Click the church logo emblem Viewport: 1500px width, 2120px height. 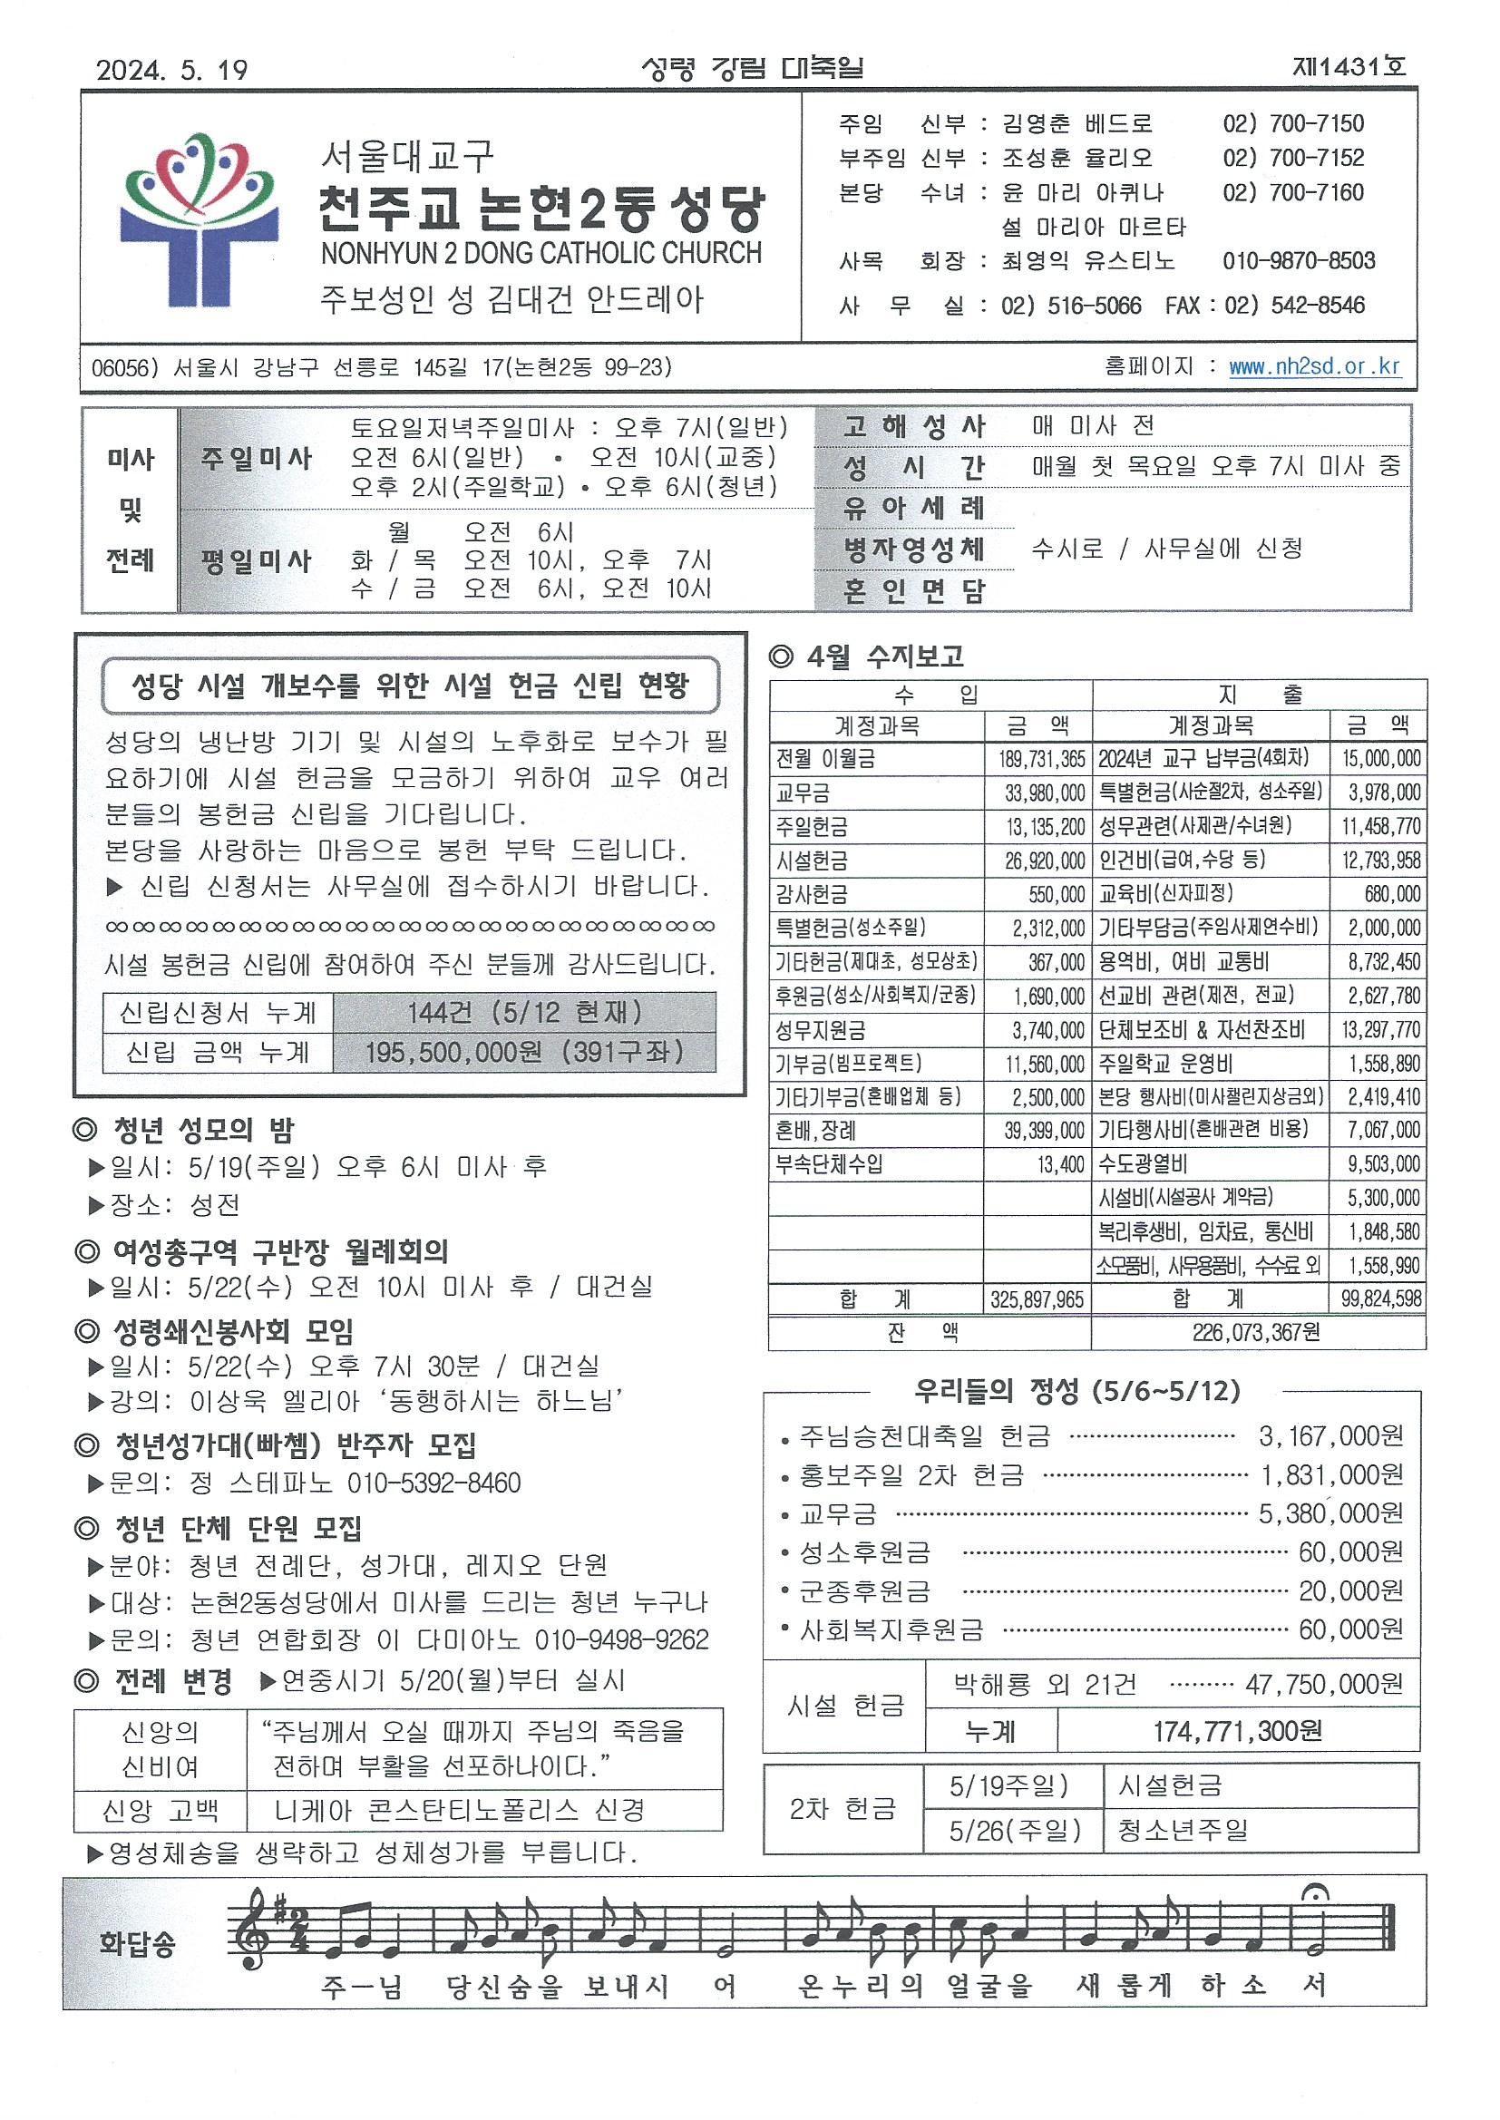[199, 219]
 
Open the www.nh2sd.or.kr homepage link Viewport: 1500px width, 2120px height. [1313, 366]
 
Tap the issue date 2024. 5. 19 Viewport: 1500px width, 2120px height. [171, 70]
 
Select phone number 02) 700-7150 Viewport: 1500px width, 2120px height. [1292, 123]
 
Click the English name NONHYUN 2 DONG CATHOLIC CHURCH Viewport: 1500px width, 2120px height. [541, 253]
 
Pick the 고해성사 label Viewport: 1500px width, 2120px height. [913, 426]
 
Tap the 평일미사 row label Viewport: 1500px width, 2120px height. [257, 561]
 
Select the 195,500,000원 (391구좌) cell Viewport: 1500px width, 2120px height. [523, 1053]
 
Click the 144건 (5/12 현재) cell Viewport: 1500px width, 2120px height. [523, 1013]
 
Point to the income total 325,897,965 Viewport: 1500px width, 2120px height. [1037, 1300]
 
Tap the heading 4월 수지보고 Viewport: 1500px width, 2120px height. [867, 656]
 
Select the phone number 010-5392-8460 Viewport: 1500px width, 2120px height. [433, 1483]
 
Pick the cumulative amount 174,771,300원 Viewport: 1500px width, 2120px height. [1237, 1731]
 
